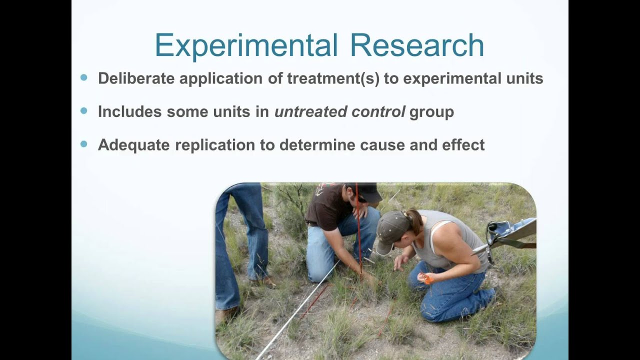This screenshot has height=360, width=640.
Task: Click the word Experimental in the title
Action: pos(247,45)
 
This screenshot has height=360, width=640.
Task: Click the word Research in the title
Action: pos(416,45)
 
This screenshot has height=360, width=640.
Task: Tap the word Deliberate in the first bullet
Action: pos(136,78)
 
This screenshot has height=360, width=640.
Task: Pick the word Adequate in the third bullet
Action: pos(133,145)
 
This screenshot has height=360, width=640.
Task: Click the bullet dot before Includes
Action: pos(83,111)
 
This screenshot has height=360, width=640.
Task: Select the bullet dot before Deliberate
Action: pos(83,77)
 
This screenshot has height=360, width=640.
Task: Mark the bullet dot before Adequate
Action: pos(83,144)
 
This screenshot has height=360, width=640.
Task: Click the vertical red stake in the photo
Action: pos(358,225)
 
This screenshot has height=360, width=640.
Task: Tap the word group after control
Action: pos(431,112)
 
